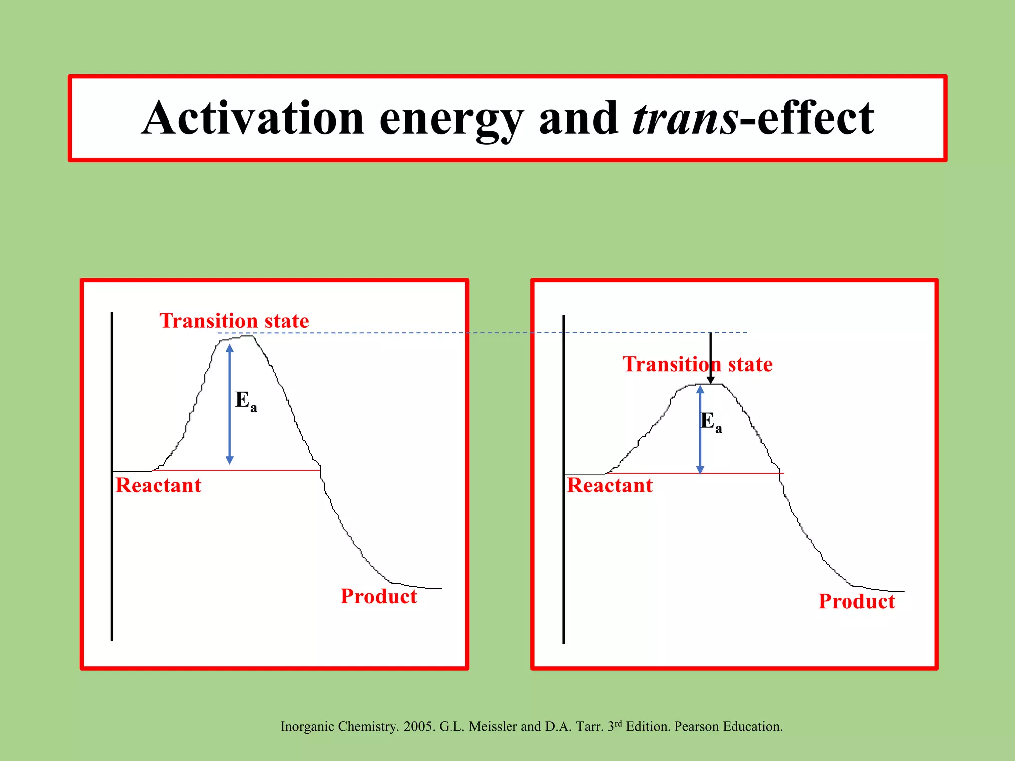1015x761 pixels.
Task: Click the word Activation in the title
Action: coord(253,119)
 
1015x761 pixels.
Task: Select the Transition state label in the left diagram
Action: coord(234,321)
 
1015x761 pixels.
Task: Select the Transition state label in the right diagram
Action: coord(697,365)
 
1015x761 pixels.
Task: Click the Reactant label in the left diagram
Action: coord(158,486)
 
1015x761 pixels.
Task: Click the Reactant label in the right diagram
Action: coord(610,486)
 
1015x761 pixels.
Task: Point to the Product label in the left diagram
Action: coord(379,597)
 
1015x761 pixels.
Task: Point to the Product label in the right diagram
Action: coord(856,601)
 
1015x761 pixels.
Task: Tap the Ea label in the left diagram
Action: coord(245,401)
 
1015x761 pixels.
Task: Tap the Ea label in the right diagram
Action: coord(711,422)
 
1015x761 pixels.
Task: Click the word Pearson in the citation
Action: coord(697,727)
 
